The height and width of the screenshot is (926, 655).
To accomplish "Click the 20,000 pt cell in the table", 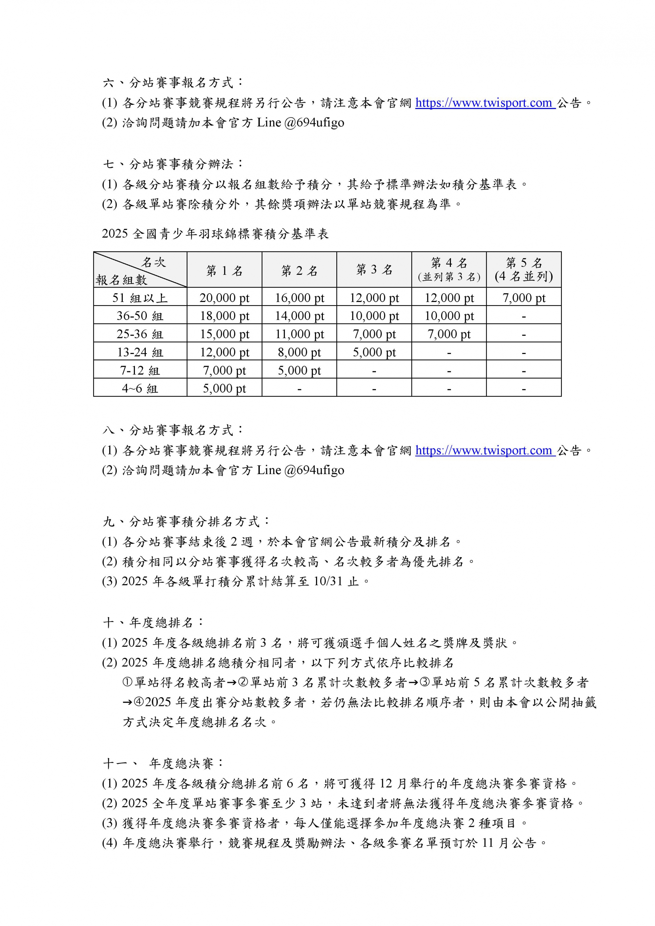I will tap(224, 298).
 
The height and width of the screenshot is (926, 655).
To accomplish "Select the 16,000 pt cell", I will tap(299, 298).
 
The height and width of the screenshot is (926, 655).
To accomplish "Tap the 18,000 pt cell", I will tap(224, 316).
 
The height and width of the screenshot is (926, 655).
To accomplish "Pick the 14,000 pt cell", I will tap(299, 316).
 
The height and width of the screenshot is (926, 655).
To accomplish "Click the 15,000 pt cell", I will tap(224, 334).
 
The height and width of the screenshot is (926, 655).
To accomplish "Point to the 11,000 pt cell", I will tap(299, 334).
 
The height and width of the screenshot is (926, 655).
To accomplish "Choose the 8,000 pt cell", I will tap(299, 352).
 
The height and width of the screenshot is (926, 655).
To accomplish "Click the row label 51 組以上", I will tap(140, 298).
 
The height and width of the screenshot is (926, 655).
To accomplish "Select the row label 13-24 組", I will tap(140, 352).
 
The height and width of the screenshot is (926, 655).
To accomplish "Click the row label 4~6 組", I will tap(140, 388).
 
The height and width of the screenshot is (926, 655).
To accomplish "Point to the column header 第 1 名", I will tap(224, 270).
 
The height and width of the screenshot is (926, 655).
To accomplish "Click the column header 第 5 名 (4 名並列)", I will tap(524, 269).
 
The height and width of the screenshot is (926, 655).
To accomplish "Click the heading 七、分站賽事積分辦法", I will tap(174, 164).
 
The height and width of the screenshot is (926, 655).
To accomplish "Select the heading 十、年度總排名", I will tap(153, 622).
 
